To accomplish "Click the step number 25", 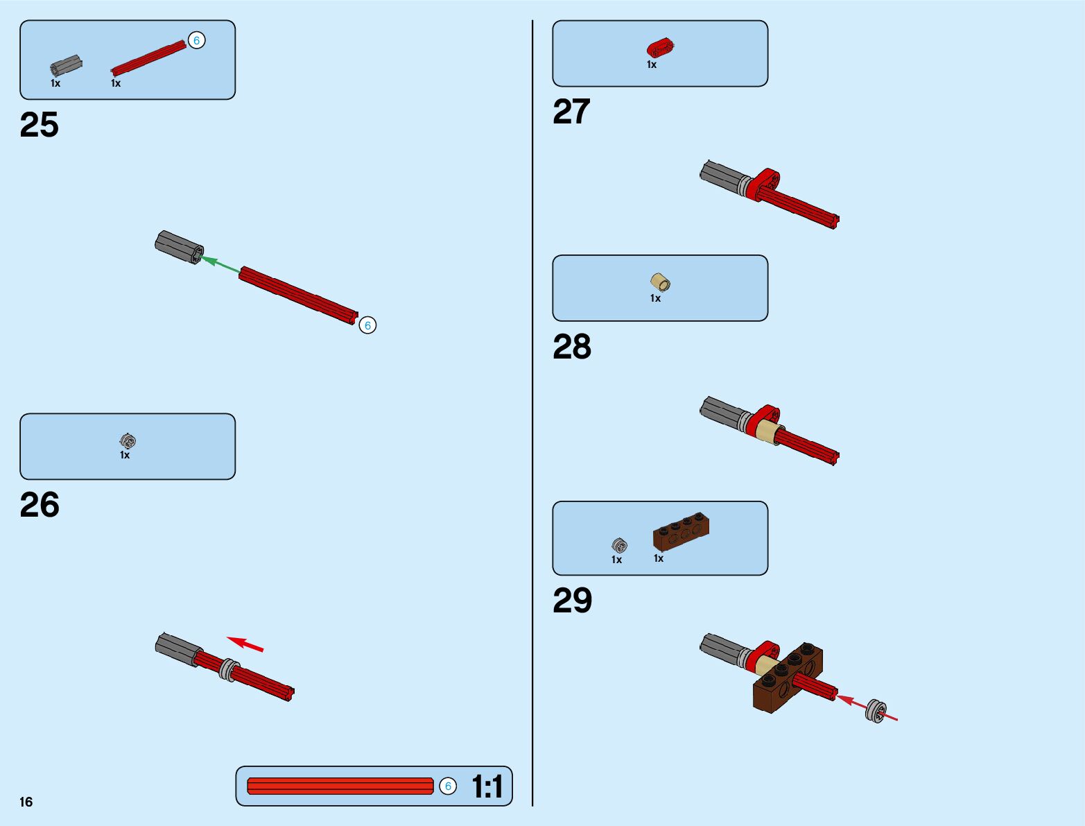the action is [40, 126].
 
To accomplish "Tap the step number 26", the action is [40, 506].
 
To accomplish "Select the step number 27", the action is [571, 112].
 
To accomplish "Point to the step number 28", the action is [571, 347].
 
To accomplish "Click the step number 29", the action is [572, 601].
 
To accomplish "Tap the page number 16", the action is [26, 802].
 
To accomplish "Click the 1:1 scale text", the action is [487, 787].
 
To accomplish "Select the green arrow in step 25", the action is [220, 264].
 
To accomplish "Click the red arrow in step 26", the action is [245, 644].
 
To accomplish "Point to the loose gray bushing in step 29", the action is [876, 711].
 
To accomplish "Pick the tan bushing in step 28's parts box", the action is [661, 282].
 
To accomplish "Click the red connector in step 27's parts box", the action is [661, 48].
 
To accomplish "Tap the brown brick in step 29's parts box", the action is [681, 531].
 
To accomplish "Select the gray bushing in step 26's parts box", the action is [128, 440].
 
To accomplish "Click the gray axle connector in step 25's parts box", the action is [66, 67].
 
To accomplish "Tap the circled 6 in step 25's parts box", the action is [196, 41].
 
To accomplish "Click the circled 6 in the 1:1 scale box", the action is [448, 786].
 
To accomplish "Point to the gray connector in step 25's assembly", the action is [179, 246].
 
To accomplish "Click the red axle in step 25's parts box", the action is [148, 58].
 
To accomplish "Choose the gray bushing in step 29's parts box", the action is [619, 545].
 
